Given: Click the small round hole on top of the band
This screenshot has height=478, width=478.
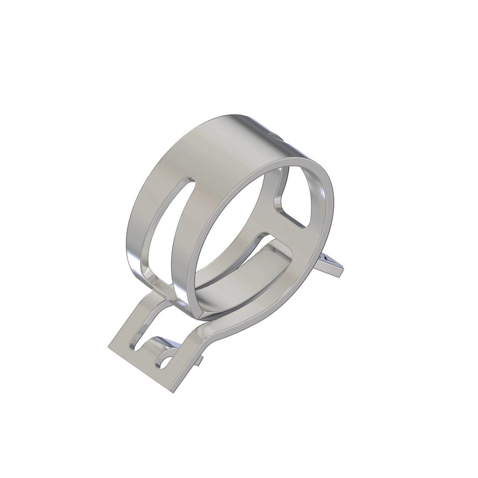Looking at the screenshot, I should click(x=273, y=135).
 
